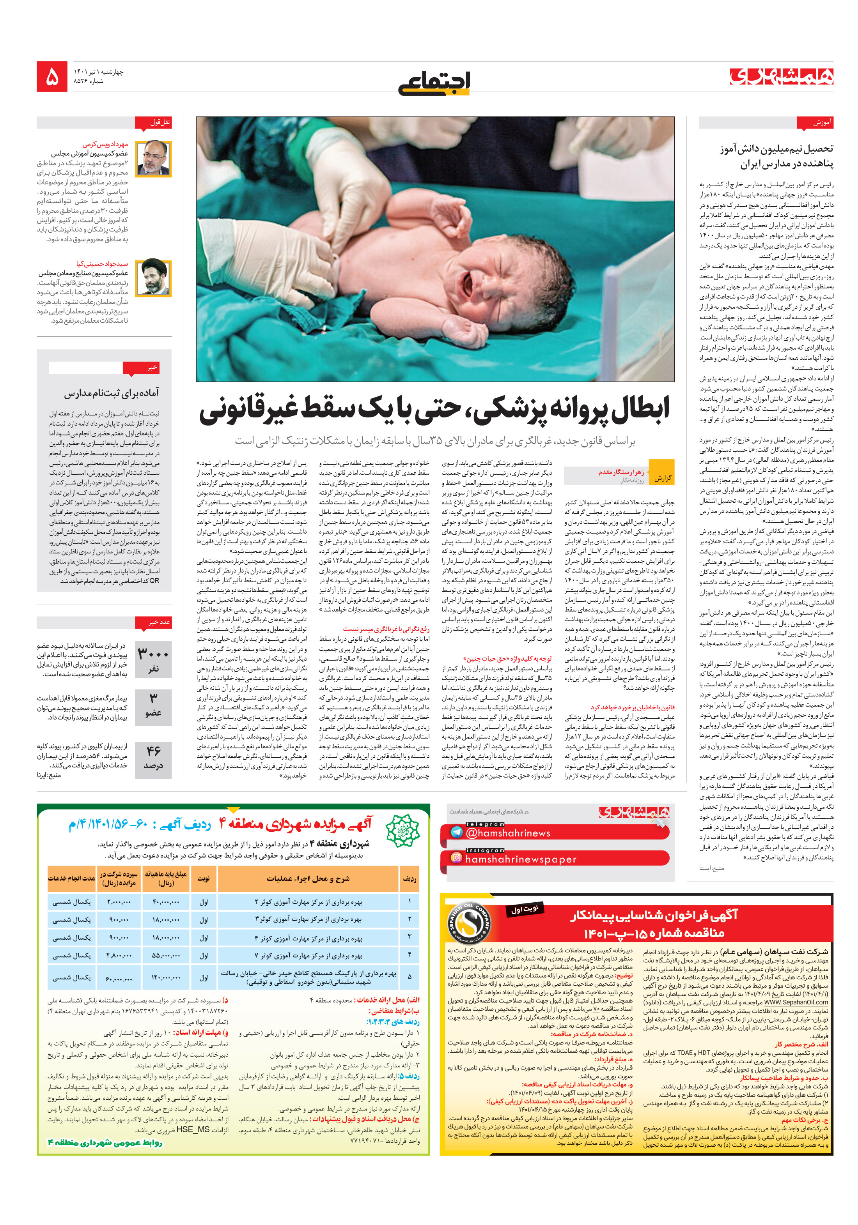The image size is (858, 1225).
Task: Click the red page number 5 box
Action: (x=52, y=76)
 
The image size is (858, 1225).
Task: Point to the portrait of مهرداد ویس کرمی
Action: (x=153, y=159)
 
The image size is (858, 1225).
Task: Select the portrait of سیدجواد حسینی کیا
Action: (x=153, y=278)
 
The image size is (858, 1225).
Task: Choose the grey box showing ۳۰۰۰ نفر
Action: (x=153, y=659)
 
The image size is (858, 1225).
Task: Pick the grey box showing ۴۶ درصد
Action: (x=153, y=757)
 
